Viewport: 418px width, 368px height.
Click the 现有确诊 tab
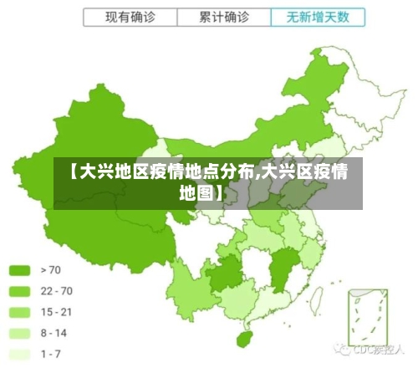[130, 17]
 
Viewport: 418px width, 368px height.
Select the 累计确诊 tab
[224, 17]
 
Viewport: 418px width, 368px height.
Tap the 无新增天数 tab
[319, 17]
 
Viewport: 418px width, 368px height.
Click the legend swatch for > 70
[19, 270]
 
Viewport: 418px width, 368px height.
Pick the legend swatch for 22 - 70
[19, 291]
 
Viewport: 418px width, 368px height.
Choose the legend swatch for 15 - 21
[19, 312]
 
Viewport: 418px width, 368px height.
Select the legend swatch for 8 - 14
[19, 333]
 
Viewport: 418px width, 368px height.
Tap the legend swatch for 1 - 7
[19, 354]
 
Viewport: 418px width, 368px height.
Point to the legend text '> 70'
[52, 270]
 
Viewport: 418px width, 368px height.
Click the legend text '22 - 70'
[57, 291]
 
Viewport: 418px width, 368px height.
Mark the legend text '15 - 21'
[57, 312]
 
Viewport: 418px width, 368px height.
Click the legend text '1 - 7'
[52, 354]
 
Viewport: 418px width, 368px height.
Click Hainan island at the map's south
[245, 340]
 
